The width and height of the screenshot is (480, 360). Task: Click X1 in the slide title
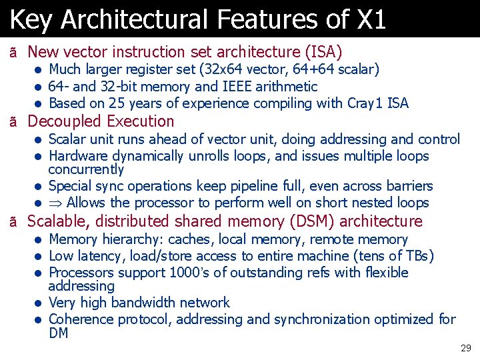click(371, 19)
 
